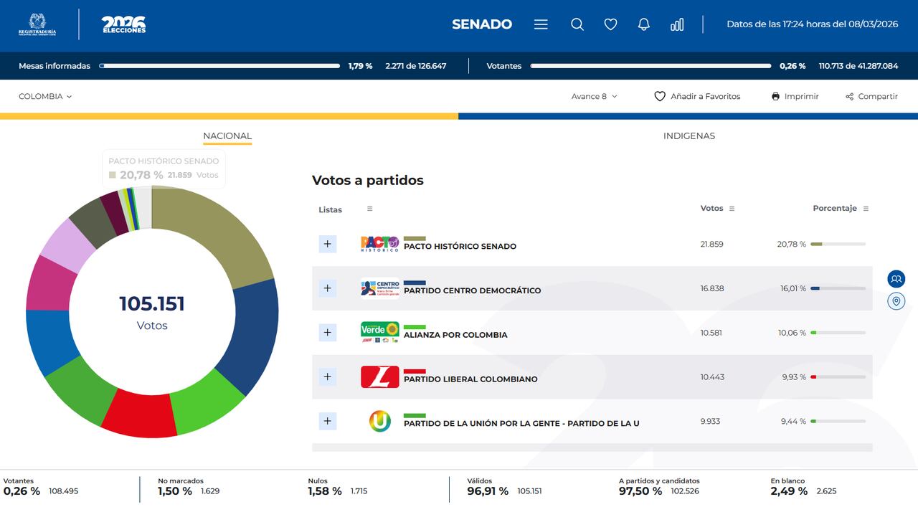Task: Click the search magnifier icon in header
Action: coord(577,24)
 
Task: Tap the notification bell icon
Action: coord(644,24)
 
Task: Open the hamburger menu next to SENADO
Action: coord(541,24)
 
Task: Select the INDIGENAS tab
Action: coord(688,136)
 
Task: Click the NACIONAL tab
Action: coord(227,136)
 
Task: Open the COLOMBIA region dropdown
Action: coord(45,96)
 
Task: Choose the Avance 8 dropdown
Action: coord(594,96)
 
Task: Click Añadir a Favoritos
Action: coord(697,96)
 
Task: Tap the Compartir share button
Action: coord(871,96)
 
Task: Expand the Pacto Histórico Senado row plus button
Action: coord(327,244)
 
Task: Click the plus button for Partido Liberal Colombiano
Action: coord(327,376)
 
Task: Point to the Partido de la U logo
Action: coord(379,421)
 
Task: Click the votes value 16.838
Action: coord(712,288)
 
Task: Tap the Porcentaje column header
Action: coord(835,208)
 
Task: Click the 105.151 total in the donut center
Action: coord(152,304)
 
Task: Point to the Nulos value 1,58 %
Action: coord(325,491)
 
